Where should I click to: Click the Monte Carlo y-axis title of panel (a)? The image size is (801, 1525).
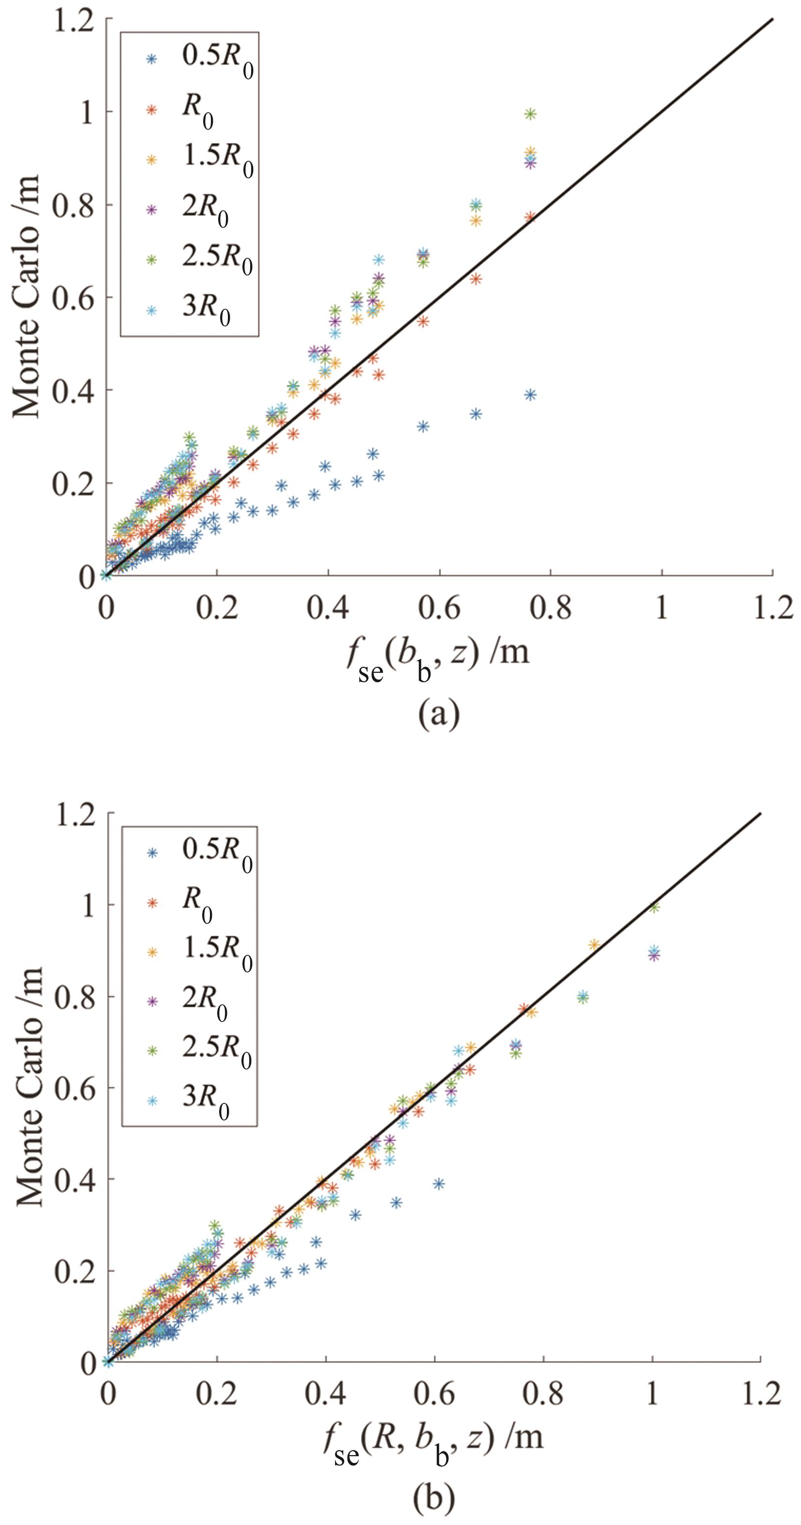pos(26,296)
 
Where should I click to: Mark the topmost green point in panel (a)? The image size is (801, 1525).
pos(530,114)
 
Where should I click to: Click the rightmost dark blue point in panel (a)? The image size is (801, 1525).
pos(530,395)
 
